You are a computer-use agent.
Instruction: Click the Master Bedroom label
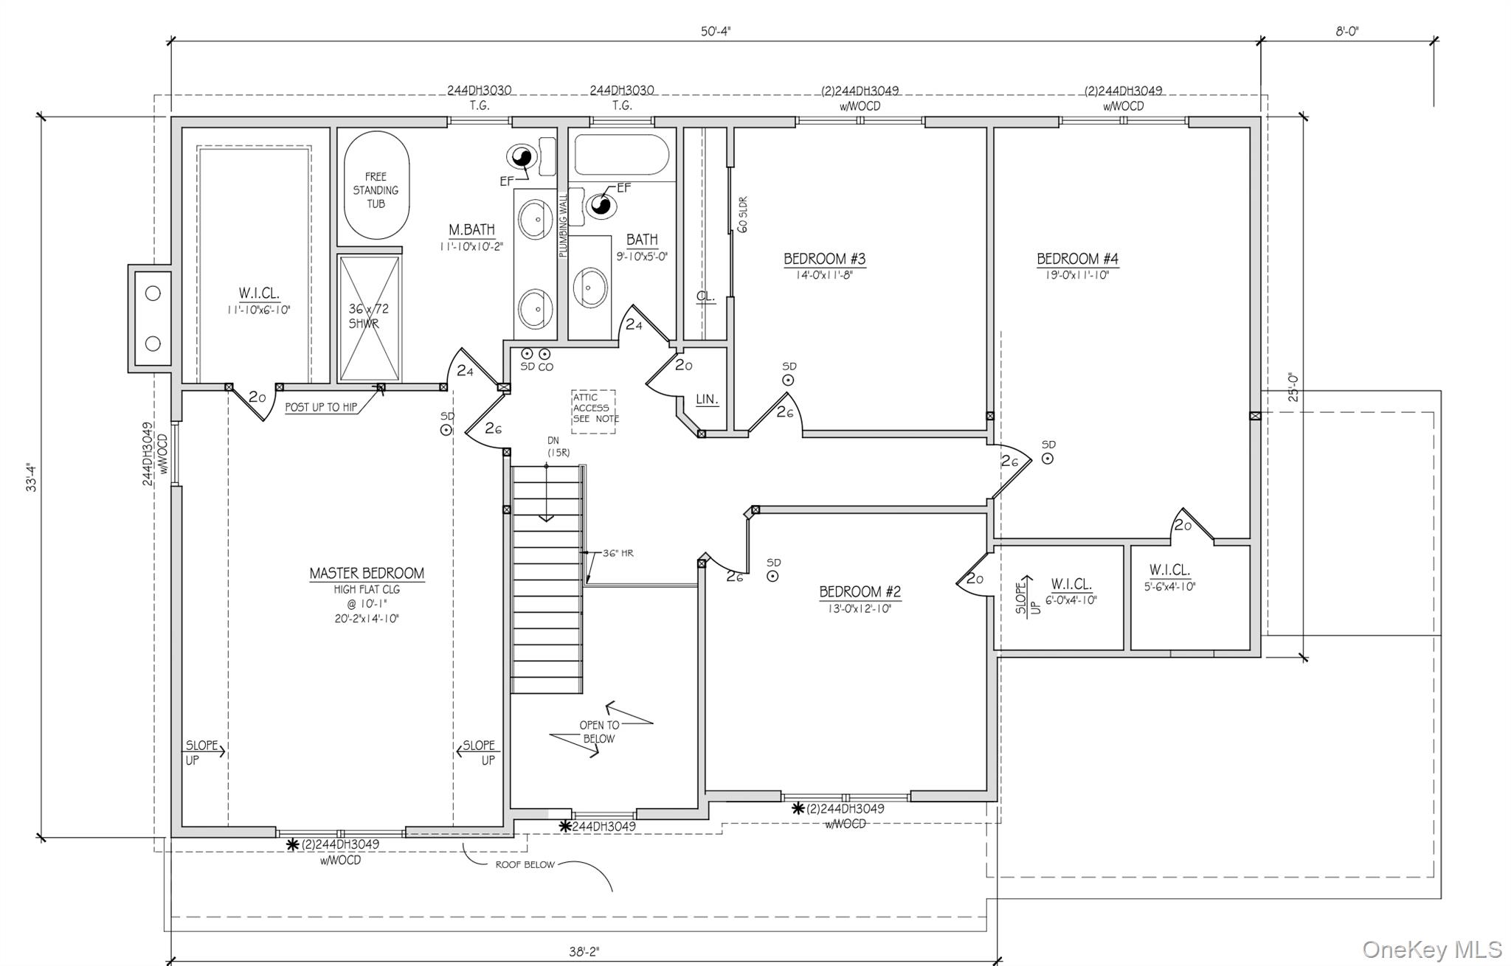(367, 573)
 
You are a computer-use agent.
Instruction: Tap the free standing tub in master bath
(376, 186)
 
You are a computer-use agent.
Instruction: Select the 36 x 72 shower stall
(370, 318)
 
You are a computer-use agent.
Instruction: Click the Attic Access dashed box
(594, 411)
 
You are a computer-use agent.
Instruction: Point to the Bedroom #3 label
(824, 259)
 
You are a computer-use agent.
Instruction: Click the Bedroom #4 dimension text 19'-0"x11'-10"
(1077, 275)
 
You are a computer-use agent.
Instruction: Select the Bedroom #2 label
(860, 591)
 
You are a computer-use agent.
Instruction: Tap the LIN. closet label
(707, 399)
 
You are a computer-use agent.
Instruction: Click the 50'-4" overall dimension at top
(715, 31)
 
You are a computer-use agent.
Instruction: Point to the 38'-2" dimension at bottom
(584, 951)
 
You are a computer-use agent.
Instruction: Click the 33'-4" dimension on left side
(31, 477)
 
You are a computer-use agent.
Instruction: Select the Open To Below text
(599, 732)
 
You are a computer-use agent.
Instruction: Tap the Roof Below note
(525, 864)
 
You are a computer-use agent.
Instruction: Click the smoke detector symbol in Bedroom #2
(772, 577)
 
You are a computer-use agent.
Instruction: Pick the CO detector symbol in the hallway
(544, 354)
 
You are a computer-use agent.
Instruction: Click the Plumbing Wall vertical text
(563, 225)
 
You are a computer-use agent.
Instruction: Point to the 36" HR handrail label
(618, 553)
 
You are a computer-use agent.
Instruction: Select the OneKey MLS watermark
(1431, 949)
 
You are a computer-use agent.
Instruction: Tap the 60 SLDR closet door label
(742, 215)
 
